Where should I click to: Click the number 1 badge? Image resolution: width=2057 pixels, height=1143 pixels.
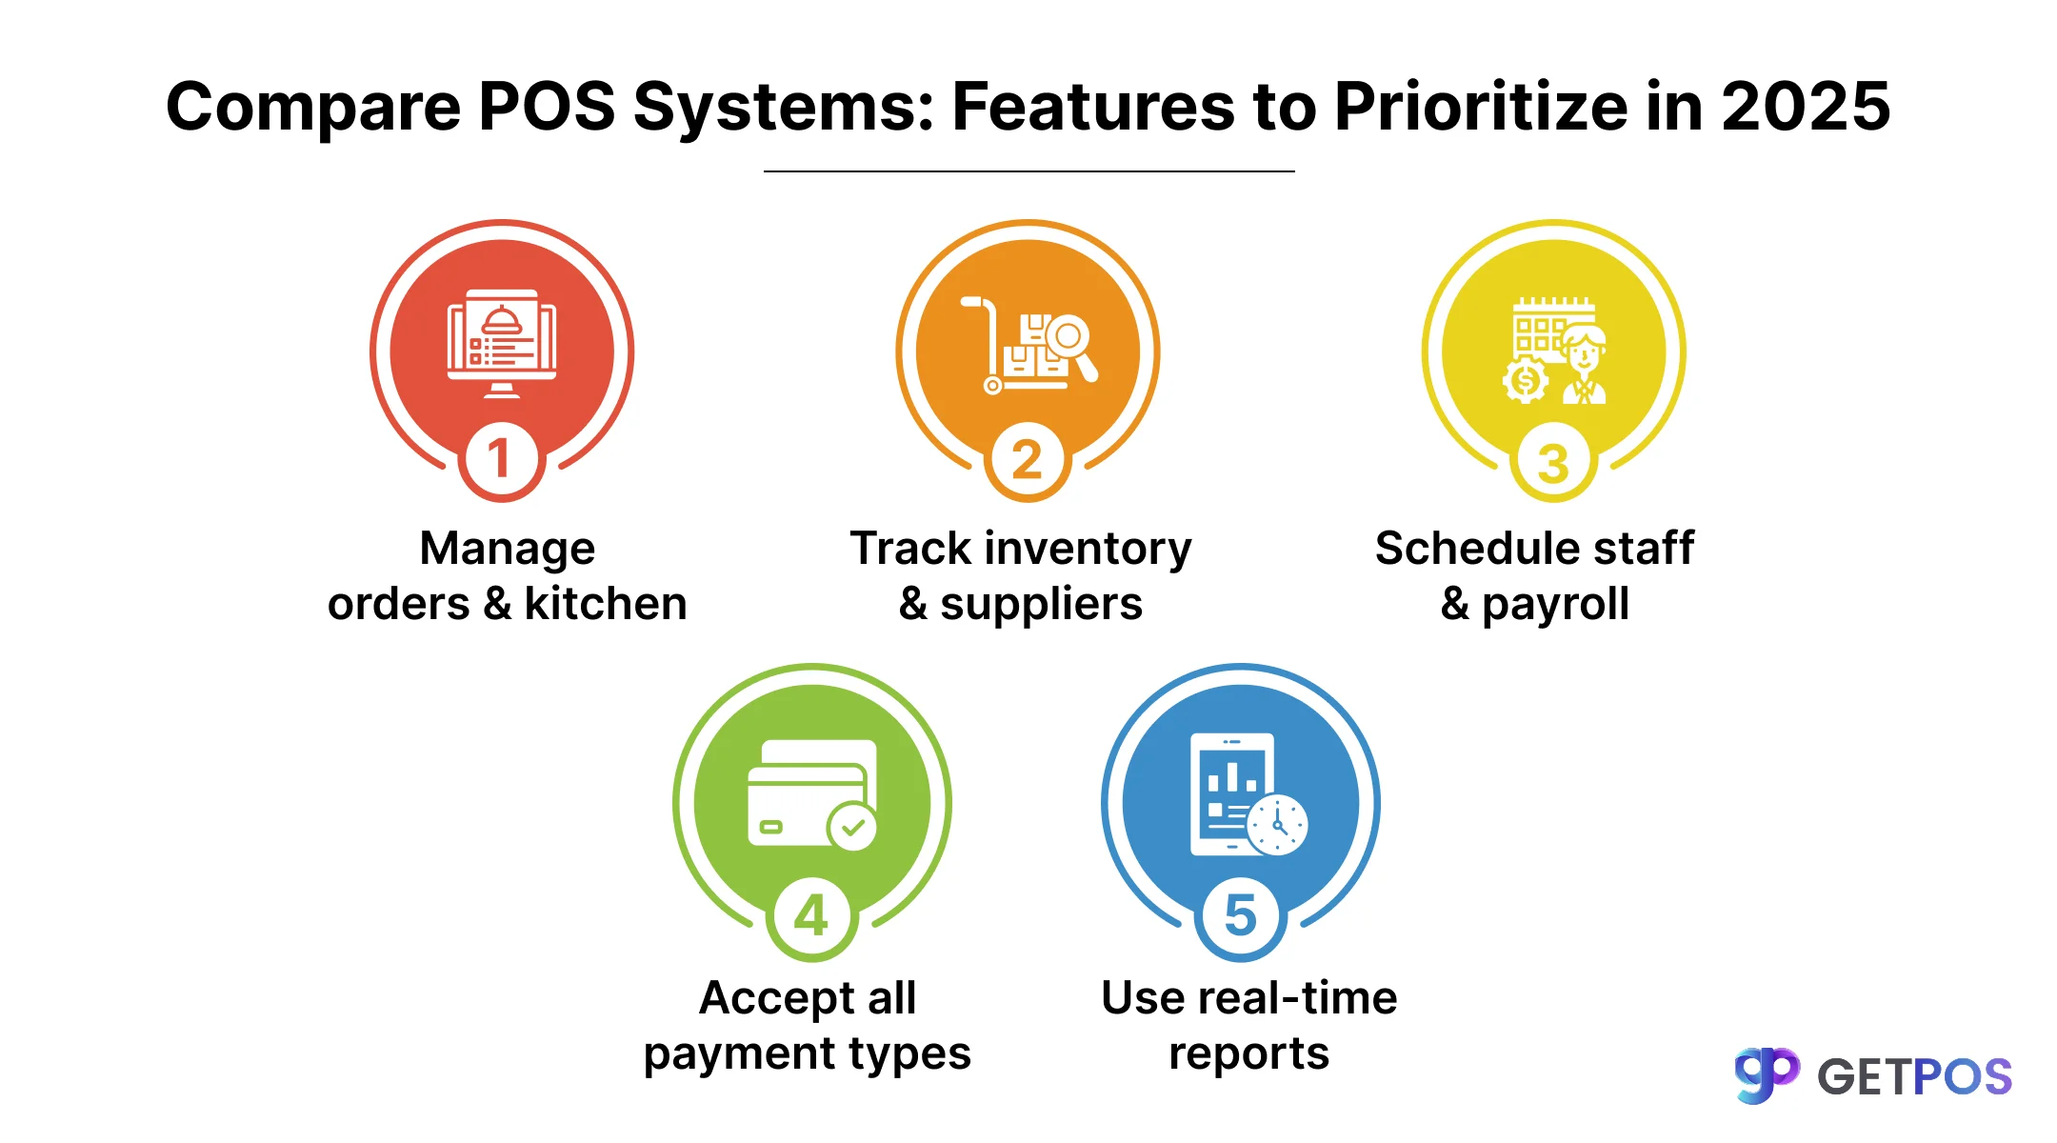[501, 459]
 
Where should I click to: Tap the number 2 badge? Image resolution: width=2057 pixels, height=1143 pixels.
[1027, 460]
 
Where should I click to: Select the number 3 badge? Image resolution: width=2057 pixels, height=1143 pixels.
[1553, 463]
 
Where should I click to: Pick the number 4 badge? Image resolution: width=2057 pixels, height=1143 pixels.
[811, 916]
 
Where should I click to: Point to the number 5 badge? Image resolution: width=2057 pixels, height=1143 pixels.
[1241, 915]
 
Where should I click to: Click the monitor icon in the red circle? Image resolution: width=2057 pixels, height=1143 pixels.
[502, 343]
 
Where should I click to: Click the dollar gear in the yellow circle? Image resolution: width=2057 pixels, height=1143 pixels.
[1526, 381]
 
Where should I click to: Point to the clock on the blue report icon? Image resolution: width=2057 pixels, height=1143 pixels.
[1278, 825]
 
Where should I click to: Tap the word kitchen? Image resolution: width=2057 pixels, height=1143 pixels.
[606, 604]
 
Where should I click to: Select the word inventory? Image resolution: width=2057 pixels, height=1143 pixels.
[1088, 549]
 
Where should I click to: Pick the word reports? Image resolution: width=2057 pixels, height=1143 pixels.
[1248, 1053]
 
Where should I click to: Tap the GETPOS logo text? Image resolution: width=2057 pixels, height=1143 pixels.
[1914, 1077]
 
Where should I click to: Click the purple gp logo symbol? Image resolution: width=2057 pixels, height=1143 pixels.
[1767, 1074]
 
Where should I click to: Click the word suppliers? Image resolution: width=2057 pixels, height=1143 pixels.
[1041, 604]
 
